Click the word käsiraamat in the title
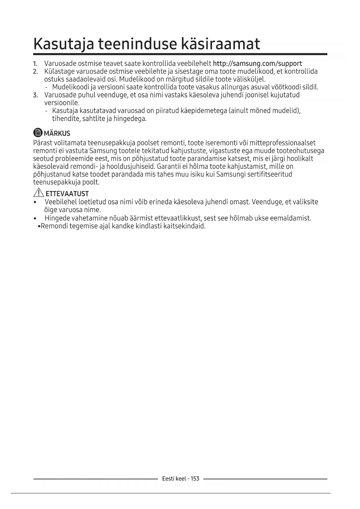tap(220, 44)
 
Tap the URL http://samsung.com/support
tap(257, 64)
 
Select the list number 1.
tap(35, 64)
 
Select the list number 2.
tap(35, 72)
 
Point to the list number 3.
tap(35, 95)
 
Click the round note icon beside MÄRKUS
tap(38, 133)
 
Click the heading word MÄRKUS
tap(57, 133)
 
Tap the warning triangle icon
tap(39, 193)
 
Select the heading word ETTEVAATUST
tap(67, 194)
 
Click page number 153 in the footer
tap(195, 479)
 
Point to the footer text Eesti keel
tap(174, 479)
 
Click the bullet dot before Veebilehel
tap(35, 202)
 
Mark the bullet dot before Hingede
tap(35, 219)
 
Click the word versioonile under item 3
tap(61, 103)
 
